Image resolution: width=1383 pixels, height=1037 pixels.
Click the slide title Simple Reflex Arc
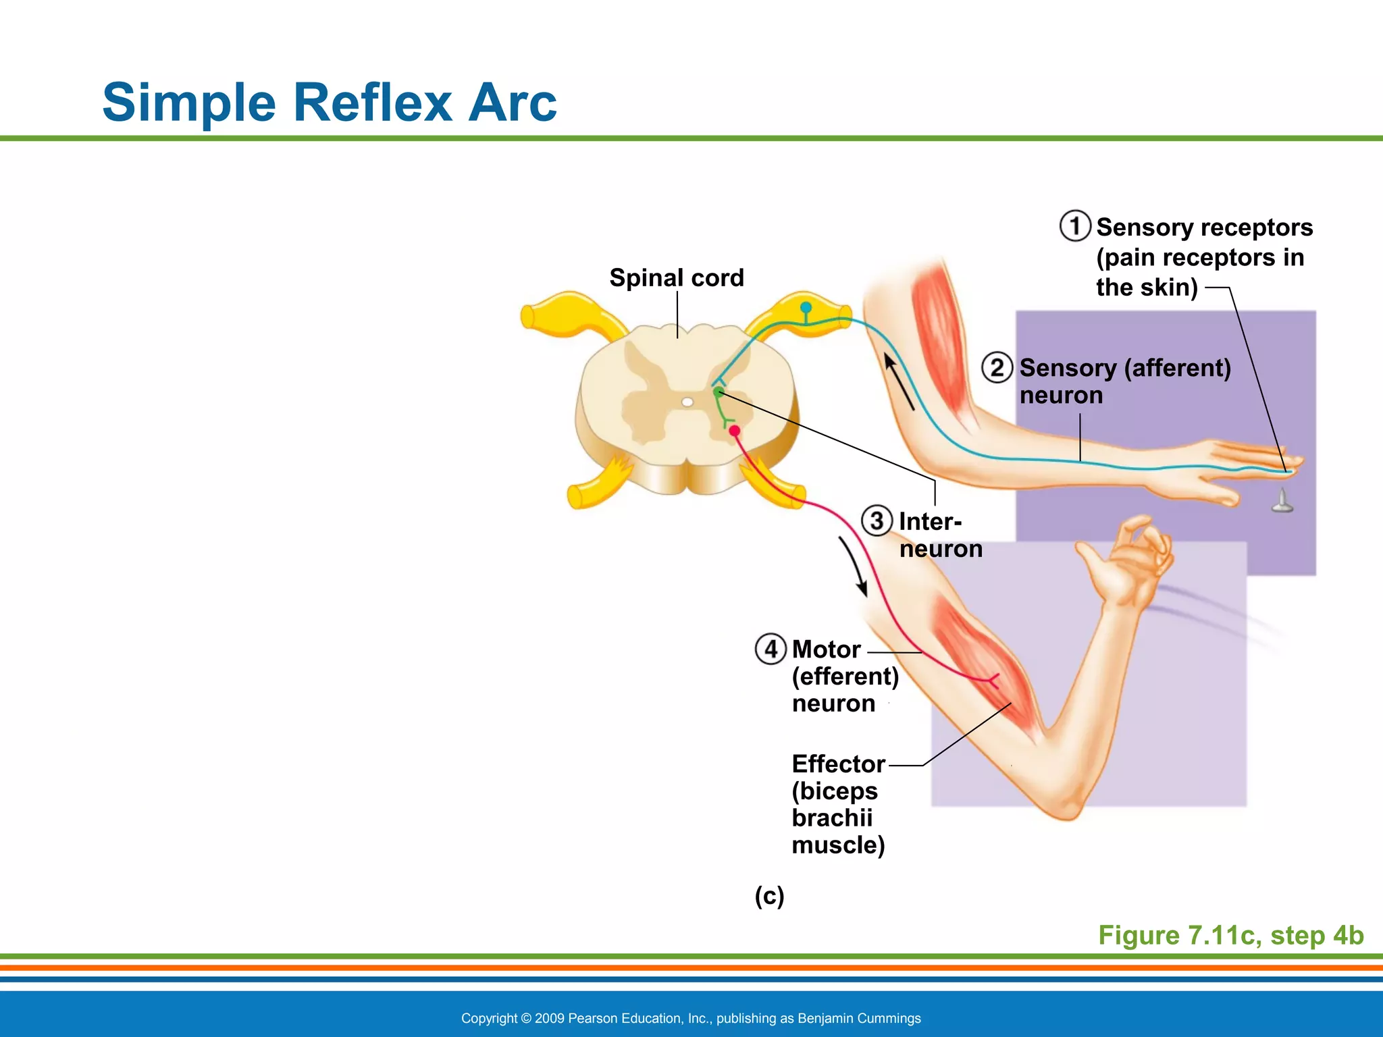(x=330, y=103)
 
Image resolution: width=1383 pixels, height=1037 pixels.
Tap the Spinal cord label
(x=677, y=278)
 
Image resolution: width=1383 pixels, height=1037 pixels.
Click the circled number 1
(x=1075, y=226)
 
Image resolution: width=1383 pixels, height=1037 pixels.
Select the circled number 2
(x=997, y=368)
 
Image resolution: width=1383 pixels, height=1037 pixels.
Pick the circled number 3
(x=877, y=521)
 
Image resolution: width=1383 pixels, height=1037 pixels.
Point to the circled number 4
(x=771, y=649)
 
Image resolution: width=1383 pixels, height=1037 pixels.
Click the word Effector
(x=838, y=764)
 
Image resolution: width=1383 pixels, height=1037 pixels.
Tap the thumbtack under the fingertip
(x=1282, y=501)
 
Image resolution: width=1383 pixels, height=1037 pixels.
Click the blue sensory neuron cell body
(x=806, y=308)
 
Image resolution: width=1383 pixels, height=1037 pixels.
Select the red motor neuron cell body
(x=735, y=431)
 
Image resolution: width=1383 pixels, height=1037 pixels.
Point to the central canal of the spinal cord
(x=687, y=402)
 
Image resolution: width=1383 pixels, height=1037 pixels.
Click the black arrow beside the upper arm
(x=899, y=382)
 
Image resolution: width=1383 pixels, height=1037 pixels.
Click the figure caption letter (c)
(x=769, y=897)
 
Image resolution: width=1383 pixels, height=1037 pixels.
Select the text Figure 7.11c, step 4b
(x=1230, y=936)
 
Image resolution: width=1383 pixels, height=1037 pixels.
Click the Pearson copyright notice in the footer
(x=691, y=1018)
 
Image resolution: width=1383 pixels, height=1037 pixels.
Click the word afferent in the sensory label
(x=1178, y=369)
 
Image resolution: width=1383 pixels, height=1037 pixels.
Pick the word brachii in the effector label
(x=832, y=818)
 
